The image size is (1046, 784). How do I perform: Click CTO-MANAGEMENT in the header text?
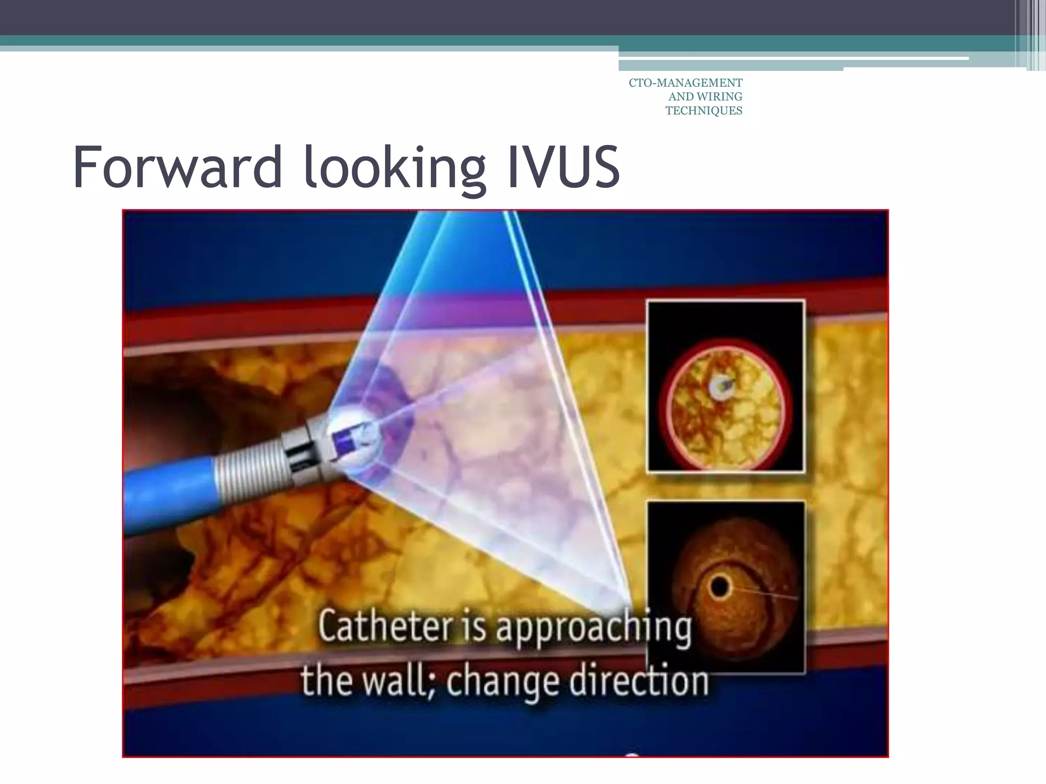tap(685, 83)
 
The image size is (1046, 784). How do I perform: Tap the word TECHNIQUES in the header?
tap(704, 111)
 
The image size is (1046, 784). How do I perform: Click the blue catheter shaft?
tap(169, 490)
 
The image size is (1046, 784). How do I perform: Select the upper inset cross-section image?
tap(725, 386)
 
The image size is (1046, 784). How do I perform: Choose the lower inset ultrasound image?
tap(725, 587)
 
